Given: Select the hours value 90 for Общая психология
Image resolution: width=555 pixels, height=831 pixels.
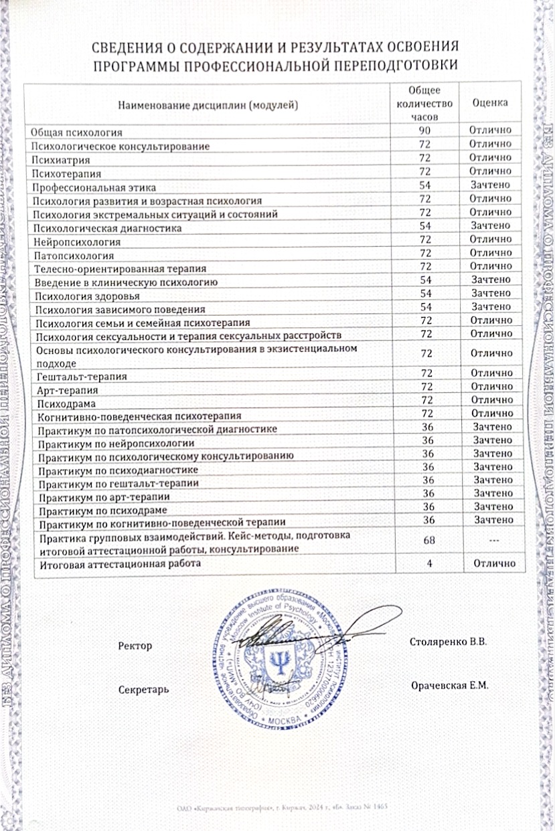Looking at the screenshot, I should pos(424,130).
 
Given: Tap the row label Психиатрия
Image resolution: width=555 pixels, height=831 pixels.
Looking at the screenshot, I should pos(62,160).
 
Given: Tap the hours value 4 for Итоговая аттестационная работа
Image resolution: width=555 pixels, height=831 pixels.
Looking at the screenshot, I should pos(428,563).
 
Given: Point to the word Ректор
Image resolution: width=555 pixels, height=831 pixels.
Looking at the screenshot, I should pos(135,646).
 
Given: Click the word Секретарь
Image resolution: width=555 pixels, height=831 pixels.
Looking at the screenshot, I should pos(143,688).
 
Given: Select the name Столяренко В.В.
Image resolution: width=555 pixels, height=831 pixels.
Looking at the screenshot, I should pos(447,641).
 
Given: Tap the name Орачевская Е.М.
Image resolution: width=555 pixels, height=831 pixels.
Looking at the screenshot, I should pos(451,686).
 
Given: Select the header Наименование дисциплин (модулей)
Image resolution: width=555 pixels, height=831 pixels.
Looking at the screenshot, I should pos(208,104).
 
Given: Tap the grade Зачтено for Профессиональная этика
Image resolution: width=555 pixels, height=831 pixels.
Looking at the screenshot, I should pos(491,185).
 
